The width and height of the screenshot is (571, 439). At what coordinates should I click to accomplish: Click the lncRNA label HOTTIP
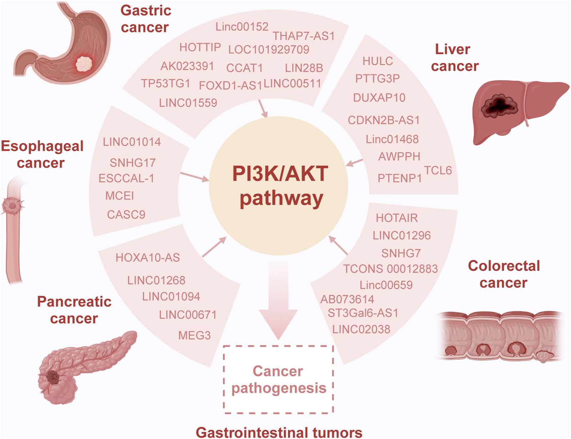(x=200, y=47)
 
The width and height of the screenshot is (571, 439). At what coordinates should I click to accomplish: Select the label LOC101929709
(x=269, y=50)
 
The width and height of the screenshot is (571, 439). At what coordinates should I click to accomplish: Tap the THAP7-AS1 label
(x=304, y=36)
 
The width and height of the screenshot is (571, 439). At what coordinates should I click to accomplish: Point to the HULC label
(x=378, y=61)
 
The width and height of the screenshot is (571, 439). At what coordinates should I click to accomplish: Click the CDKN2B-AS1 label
(x=384, y=120)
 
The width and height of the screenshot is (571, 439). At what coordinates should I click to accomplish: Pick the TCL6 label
(x=438, y=171)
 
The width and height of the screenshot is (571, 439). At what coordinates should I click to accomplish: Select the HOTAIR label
(x=396, y=218)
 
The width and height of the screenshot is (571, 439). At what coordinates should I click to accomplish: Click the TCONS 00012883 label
(x=390, y=269)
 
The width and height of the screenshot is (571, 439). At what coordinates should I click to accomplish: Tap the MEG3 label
(x=194, y=335)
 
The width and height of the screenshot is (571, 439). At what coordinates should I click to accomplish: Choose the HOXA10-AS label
(x=148, y=258)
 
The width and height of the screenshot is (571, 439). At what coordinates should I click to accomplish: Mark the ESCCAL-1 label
(x=126, y=178)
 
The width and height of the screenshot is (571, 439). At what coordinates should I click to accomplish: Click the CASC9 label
(x=126, y=215)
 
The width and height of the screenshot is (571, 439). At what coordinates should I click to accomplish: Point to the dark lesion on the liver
(x=500, y=106)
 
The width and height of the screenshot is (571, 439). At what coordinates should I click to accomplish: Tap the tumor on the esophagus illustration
(x=13, y=206)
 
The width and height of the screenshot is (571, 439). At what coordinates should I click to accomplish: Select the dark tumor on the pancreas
(x=53, y=377)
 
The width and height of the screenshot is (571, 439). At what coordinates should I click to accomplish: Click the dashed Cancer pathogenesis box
(x=278, y=379)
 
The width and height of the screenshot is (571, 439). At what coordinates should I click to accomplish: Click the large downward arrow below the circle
(x=278, y=300)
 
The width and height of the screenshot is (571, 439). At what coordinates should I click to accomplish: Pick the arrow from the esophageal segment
(x=194, y=177)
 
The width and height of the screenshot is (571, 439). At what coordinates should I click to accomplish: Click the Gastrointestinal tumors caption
(x=279, y=432)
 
